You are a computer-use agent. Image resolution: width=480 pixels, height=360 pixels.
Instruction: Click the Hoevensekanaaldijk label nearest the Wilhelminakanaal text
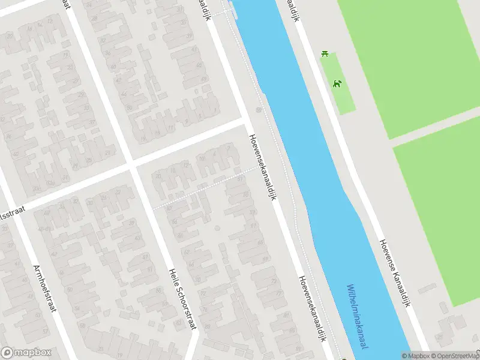313,308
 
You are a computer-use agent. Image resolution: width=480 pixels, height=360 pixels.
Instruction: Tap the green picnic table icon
325,54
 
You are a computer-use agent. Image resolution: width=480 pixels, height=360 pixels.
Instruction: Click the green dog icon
338,83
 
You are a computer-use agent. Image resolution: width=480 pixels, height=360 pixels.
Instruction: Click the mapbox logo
26,353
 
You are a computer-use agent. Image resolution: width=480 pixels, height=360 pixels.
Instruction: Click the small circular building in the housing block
217,228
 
